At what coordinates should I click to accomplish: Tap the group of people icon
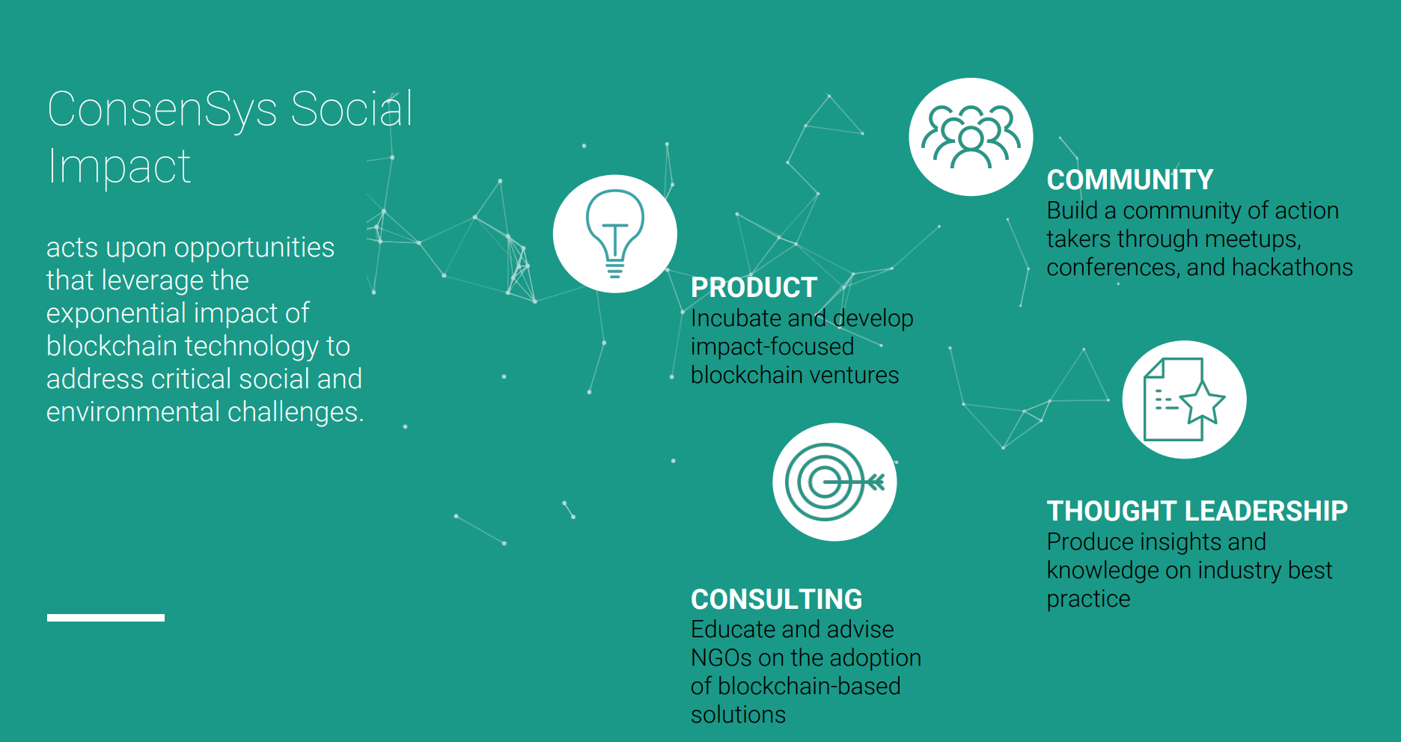pyautogui.click(x=971, y=137)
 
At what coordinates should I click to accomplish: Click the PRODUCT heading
pyautogui.click(x=754, y=287)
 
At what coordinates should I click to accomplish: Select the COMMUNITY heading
pyautogui.click(x=1129, y=180)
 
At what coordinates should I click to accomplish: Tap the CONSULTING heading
pyautogui.click(x=776, y=599)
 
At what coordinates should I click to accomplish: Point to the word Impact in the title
pyautogui.click(x=119, y=166)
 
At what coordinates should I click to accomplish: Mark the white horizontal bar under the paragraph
pyautogui.click(x=106, y=618)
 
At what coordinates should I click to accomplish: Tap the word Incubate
pyautogui.click(x=736, y=318)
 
